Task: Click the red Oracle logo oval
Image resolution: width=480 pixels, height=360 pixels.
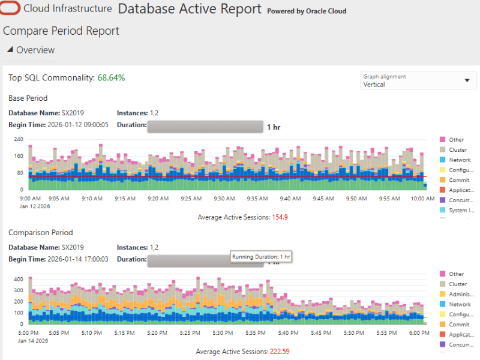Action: click(x=11, y=9)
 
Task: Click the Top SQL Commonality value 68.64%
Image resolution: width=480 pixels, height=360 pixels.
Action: click(x=111, y=78)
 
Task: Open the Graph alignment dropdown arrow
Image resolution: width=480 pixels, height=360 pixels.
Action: click(x=467, y=81)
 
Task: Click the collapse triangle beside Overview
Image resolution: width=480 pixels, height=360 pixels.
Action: click(x=10, y=50)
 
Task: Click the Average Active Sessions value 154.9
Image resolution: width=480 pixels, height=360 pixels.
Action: click(x=280, y=217)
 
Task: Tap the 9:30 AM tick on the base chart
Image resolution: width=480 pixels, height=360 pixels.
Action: click(x=224, y=199)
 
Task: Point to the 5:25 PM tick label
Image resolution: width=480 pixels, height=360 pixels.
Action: click(x=190, y=333)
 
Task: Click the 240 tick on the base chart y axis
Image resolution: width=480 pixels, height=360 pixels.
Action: click(x=19, y=139)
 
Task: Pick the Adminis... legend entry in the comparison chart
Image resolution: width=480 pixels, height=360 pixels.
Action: click(x=461, y=294)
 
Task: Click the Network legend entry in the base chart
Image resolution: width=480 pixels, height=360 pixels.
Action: click(x=460, y=160)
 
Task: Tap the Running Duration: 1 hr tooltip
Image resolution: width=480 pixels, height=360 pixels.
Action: click(x=261, y=257)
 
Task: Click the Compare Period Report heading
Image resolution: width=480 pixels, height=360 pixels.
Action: click(x=61, y=31)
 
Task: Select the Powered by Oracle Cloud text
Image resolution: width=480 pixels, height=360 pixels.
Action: click(x=306, y=11)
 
